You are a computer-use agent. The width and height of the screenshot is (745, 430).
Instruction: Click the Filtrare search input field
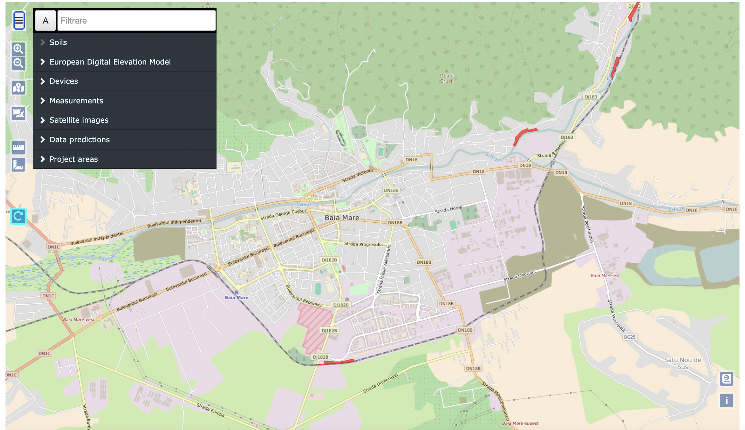pos(136,20)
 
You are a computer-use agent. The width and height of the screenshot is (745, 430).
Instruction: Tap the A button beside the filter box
pos(46,20)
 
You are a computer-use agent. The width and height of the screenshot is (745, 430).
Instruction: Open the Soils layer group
pos(58,42)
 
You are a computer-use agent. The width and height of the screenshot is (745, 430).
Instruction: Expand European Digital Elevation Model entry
pos(110,62)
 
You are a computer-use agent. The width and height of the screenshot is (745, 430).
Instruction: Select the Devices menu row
pos(64,81)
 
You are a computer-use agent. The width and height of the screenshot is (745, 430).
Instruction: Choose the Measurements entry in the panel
pos(76,101)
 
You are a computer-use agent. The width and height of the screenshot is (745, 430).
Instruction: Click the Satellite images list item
pos(79,120)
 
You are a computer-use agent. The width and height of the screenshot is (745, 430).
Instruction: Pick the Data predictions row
pos(80,139)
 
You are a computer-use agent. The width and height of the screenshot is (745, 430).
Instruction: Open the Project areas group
pos(73,159)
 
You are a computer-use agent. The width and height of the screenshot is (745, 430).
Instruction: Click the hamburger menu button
pos(19,20)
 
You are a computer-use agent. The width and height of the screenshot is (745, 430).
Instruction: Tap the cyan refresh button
pos(18,216)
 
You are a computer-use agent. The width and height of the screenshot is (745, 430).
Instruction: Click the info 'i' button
pos(726,400)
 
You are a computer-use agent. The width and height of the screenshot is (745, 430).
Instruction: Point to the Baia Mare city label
pos(342,217)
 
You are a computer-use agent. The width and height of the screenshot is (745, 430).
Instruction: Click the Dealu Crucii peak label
pos(447,78)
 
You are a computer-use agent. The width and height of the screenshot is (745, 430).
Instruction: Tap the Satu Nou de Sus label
pos(682,363)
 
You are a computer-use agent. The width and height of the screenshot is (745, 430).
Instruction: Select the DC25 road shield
pos(629,337)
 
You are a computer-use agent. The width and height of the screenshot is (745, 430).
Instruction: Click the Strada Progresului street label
pos(363,244)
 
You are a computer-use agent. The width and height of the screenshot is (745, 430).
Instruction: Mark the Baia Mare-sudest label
pos(520,423)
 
